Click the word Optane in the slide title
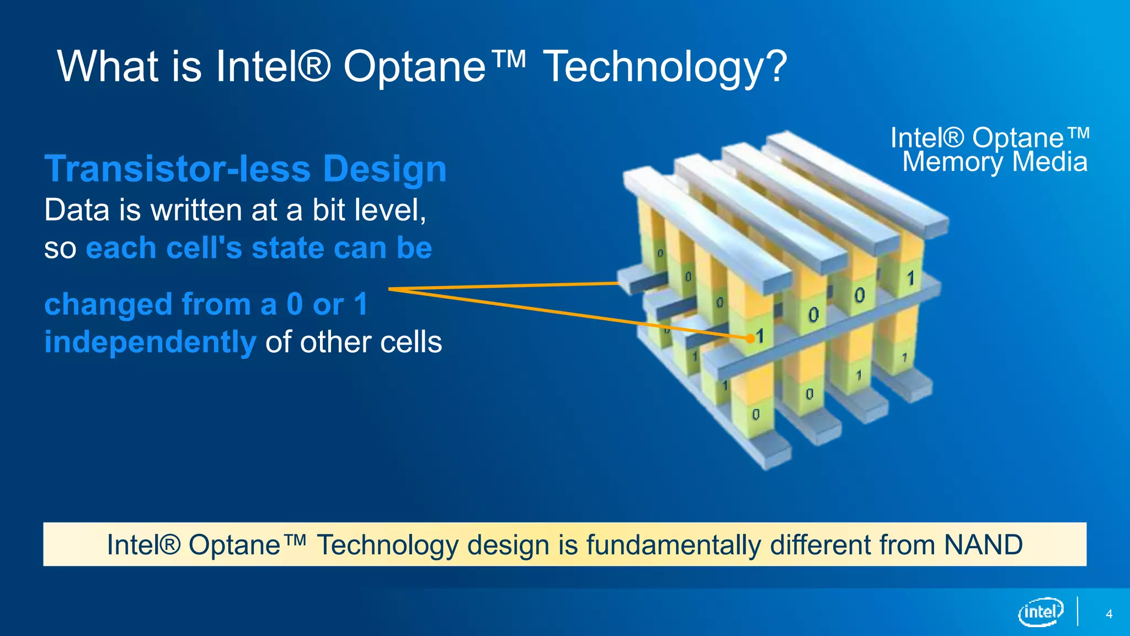(414, 67)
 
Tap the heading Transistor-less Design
(246, 168)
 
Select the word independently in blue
(150, 342)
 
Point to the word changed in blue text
(108, 304)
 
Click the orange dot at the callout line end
(750, 338)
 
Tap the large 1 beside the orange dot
(760, 336)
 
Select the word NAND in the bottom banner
(983, 545)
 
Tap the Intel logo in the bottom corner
(1040, 612)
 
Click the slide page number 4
(1109, 614)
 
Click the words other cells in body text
(370, 342)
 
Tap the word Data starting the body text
(77, 210)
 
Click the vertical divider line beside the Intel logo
(1077, 611)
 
